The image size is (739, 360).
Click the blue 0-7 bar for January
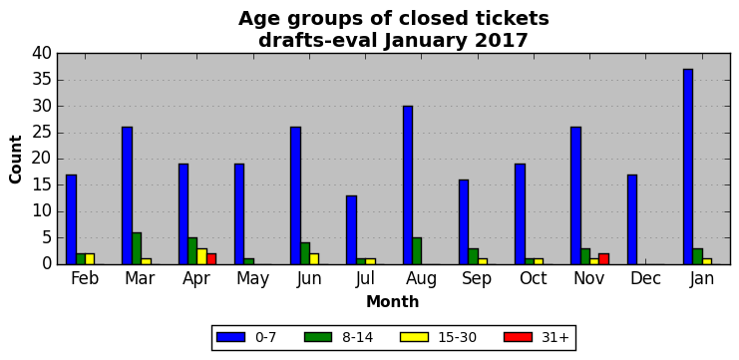click(687, 167)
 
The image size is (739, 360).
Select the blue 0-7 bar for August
click(407, 185)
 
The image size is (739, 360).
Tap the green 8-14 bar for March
click(137, 248)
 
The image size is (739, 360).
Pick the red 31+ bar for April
click(211, 259)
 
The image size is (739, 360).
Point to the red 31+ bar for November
click(603, 259)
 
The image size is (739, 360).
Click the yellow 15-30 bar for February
click(90, 259)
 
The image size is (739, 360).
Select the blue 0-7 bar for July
click(351, 230)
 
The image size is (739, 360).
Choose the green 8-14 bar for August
click(417, 251)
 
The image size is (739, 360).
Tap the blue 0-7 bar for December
click(631, 219)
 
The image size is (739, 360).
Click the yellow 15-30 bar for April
click(201, 256)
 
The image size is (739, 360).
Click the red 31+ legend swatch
click(518, 337)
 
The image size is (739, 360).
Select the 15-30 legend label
click(456, 337)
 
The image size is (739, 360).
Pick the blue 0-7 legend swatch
click(230, 337)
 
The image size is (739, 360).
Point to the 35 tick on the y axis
click(58, 80)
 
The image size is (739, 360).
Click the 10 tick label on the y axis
click(42, 211)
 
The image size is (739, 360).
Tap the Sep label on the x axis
click(476, 279)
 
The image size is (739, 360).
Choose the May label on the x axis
click(252, 279)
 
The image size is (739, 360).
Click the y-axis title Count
click(16, 160)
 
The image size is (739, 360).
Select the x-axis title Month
click(393, 301)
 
